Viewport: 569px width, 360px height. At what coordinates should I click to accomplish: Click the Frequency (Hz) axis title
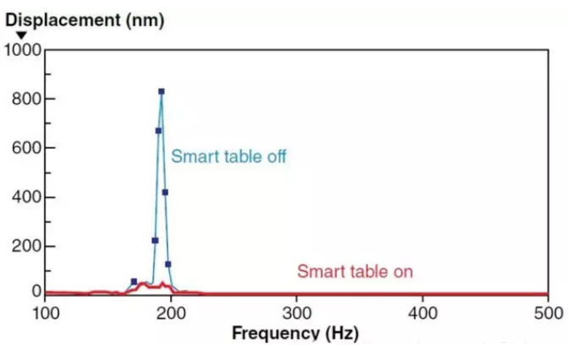click(295, 333)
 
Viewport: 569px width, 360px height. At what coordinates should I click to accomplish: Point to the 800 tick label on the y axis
click(26, 99)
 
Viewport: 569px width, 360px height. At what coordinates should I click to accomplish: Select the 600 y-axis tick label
click(26, 148)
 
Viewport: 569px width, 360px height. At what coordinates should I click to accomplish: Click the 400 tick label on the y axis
click(26, 197)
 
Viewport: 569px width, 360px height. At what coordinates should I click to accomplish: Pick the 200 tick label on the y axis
click(26, 246)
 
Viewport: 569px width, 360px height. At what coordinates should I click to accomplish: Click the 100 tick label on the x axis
click(46, 314)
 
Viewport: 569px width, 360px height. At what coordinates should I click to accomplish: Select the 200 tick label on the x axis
click(172, 314)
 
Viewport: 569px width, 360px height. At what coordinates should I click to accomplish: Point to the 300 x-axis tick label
click(297, 314)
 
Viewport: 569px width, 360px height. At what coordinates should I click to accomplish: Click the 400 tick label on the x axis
click(423, 314)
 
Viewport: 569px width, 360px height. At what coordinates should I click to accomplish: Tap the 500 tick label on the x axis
click(549, 314)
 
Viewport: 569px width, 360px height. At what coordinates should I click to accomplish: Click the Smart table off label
click(228, 156)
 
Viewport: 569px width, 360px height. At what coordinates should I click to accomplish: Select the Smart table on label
click(355, 272)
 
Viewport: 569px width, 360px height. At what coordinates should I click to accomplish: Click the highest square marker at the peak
click(161, 91)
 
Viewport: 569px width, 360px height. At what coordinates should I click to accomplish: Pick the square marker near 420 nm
click(165, 192)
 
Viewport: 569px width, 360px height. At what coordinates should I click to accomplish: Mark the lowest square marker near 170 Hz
click(134, 281)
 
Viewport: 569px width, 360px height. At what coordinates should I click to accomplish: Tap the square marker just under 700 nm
click(158, 130)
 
